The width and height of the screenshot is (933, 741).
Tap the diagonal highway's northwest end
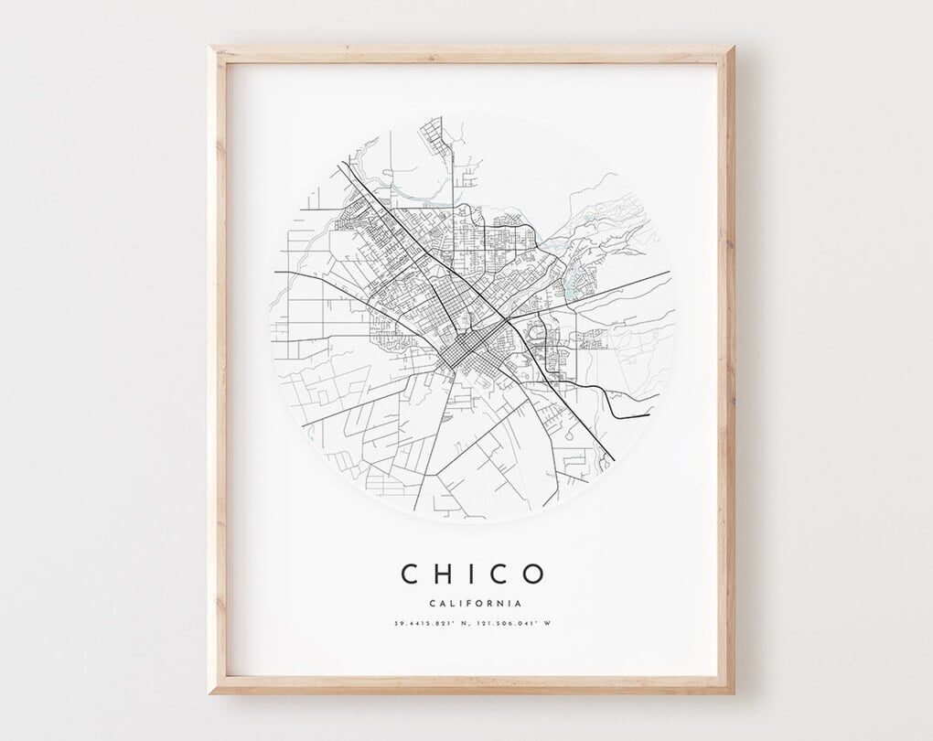pyautogui.click(x=342, y=164)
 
